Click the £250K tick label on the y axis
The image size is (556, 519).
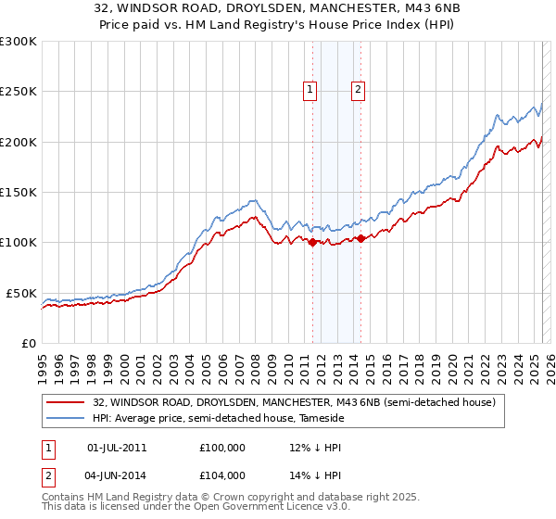[x=18, y=92]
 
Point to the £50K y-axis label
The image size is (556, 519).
[x=21, y=293]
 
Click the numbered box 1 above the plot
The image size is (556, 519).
[x=310, y=90]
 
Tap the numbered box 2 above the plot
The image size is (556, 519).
[x=358, y=90]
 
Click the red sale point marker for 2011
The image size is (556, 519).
[x=312, y=243]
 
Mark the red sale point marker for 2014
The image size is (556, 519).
[x=360, y=239]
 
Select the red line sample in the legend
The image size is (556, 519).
[x=68, y=402]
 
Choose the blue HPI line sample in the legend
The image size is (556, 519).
[x=68, y=418]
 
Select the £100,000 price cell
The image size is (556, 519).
[x=221, y=448]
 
